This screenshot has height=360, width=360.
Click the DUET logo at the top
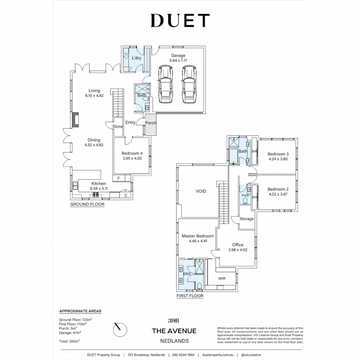pyautogui.click(x=180, y=20)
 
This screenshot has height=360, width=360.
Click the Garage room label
pyautogui.click(x=178, y=56)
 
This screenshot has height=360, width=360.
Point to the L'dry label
pyautogui.click(x=136, y=58)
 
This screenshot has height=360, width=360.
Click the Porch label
pyautogui.click(x=151, y=123)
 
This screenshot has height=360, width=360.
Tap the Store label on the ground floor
pyautogui.click(x=117, y=127)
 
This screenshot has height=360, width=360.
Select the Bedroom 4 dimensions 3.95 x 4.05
pyautogui.click(x=132, y=158)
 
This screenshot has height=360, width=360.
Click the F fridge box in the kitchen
pyautogui.click(x=119, y=178)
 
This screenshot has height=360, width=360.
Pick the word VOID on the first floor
pyautogui.click(x=201, y=191)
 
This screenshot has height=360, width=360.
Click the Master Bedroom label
pyautogui.click(x=198, y=236)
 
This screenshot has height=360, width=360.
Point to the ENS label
pyautogui.click(x=187, y=274)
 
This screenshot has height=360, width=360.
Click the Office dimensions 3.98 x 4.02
pyautogui.click(x=238, y=250)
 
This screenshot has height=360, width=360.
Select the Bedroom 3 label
pyautogui.click(x=278, y=154)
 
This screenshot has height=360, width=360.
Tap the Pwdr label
pyautogui.click(x=246, y=195)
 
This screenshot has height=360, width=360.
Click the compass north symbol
pyautogui.click(x=120, y=329)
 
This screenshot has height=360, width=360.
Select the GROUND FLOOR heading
pyautogui.click(x=87, y=204)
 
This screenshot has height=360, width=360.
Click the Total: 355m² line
pyautogui.click(x=69, y=341)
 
